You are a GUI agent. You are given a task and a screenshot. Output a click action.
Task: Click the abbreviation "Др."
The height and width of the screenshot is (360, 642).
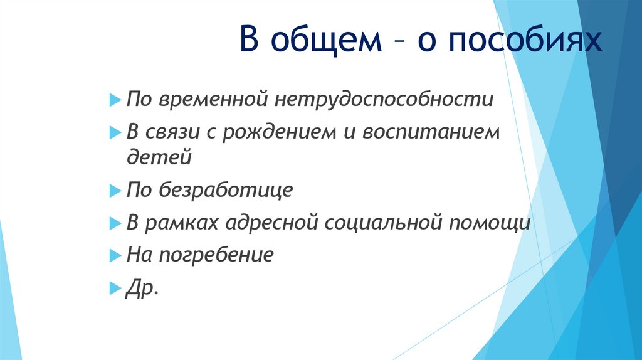tap(142, 288)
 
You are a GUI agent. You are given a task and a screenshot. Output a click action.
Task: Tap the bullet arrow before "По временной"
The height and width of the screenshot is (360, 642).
tap(113, 100)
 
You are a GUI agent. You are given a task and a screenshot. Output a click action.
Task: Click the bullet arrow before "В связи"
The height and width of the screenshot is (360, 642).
tap(113, 132)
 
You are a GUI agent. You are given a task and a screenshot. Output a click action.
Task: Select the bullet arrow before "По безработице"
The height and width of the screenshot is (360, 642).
tap(113, 190)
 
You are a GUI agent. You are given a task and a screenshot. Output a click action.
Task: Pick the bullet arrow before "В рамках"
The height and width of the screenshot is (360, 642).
tap(113, 223)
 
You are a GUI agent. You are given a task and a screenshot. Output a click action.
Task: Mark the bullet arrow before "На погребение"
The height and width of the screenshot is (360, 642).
tap(113, 255)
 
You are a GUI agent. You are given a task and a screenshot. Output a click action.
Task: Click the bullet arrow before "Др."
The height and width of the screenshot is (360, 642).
tap(113, 288)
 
